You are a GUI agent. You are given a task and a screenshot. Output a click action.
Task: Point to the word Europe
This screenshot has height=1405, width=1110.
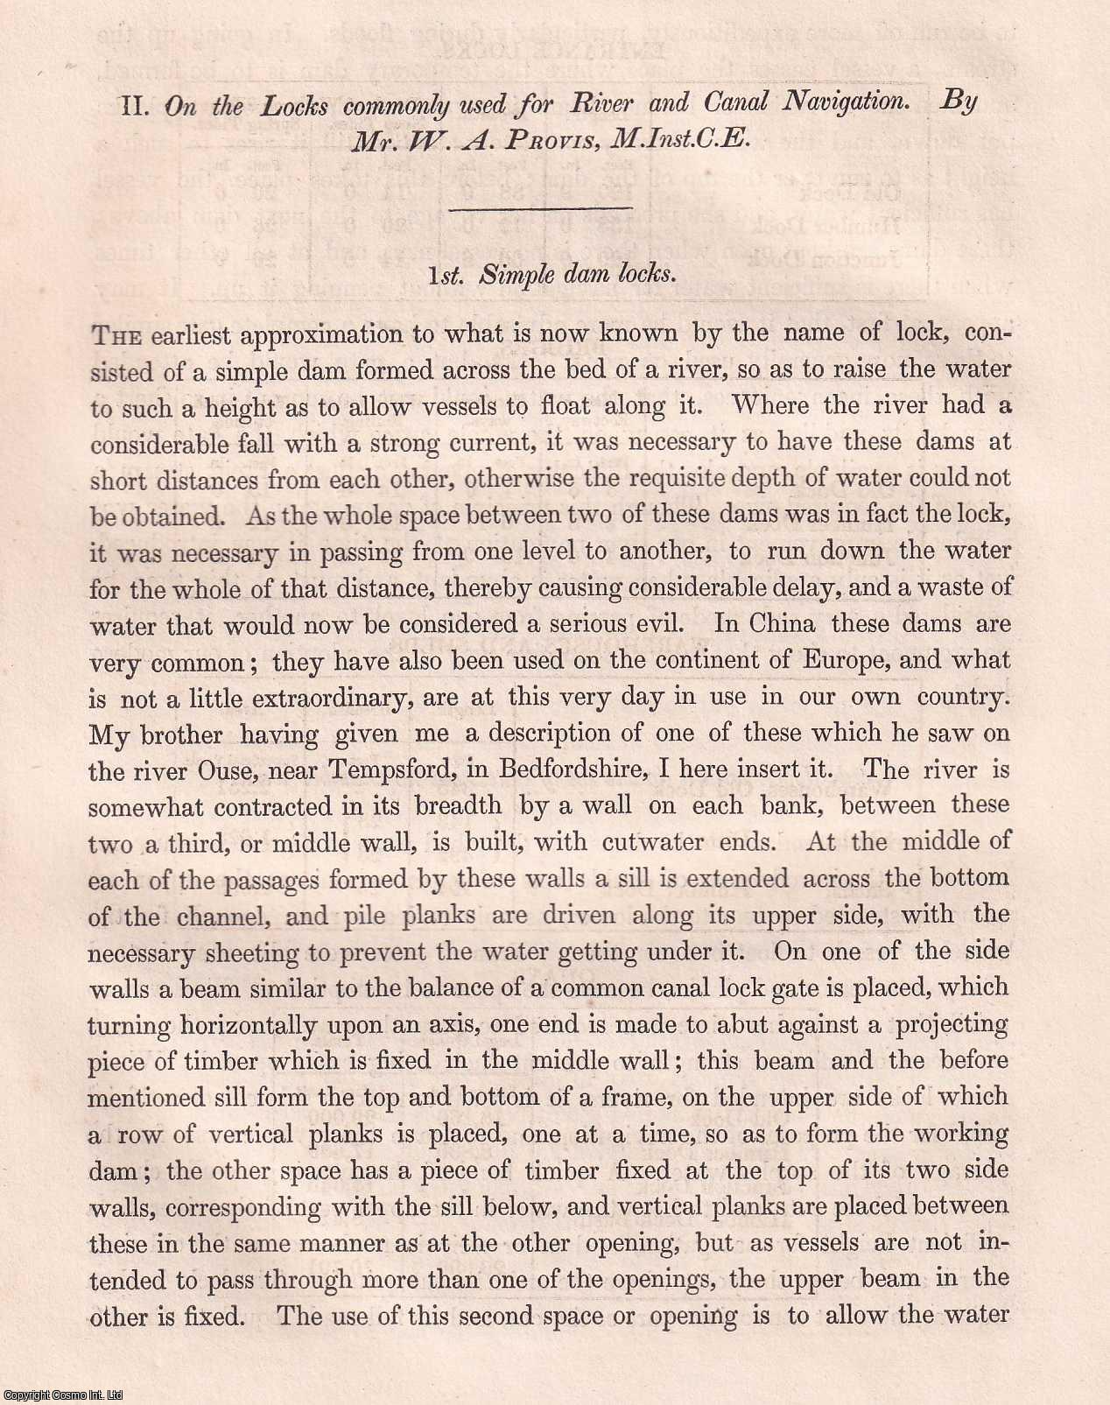[x=841, y=660]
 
